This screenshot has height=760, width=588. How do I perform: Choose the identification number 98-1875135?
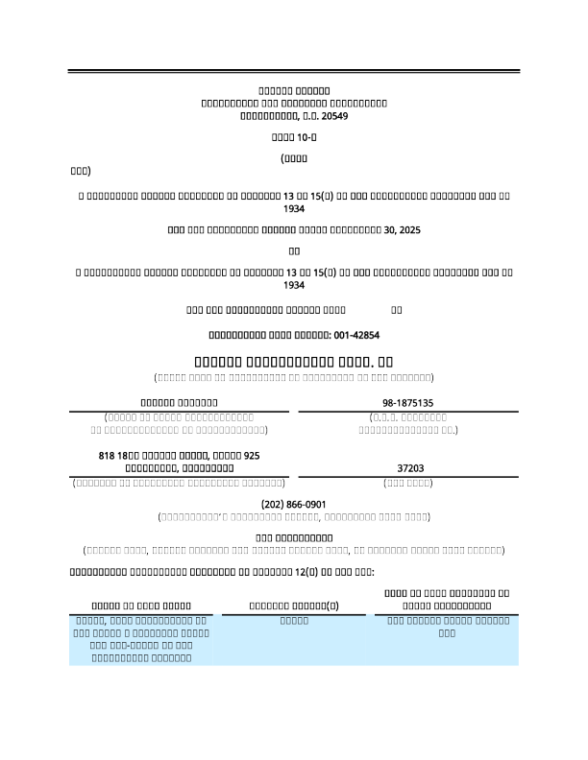click(408, 403)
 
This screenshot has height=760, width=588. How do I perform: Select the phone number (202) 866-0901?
click(294, 504)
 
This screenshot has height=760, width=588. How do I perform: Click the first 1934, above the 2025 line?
click(294, 207)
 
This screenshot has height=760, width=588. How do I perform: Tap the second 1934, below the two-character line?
click(294, 285)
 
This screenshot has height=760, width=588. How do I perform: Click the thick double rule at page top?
click(294, 71)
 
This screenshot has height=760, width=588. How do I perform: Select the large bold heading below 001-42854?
click(294, 363)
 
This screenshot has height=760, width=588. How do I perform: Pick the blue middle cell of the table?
click(294, 640)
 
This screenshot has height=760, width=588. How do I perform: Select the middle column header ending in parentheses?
click(294, 606)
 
